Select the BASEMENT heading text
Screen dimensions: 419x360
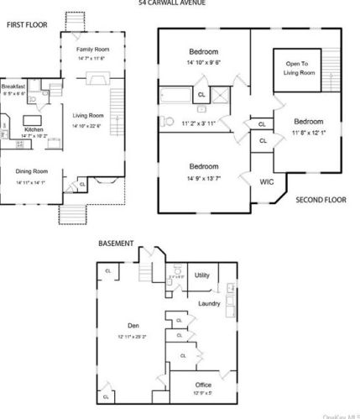tap(116, 244)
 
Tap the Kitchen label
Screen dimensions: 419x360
tap(34, 129)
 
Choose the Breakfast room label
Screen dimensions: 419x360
tap(14, 86)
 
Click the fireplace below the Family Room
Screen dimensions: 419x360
tap(98, 80)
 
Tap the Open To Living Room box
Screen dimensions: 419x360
tap(303, 68)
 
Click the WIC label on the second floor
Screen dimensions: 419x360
tap(267, 181)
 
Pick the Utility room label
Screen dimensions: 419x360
tap(202, 275)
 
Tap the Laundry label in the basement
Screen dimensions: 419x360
tap(209, 303)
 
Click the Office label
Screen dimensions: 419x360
tap(204, 385)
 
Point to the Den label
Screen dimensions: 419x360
tap(133, 327)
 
